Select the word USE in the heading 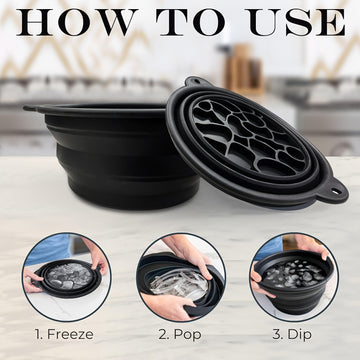pyautogui.click(x=297, y=22)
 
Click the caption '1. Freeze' pyautogui.click(x=64, y=334)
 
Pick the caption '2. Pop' pyautogui.click(x=180, y=335)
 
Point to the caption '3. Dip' pyautogui.click(x=292, y=335)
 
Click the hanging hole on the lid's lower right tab pyautogui.click(x=336, y=191)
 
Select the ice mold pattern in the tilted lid pyautogui.click(x=249, y=137)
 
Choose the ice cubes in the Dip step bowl pyautogui.click(x=294, y=274)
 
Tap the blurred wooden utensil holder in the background pyautogui.click(x=244, y=69)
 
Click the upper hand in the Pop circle pyautogui.click(x=189, y=254)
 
